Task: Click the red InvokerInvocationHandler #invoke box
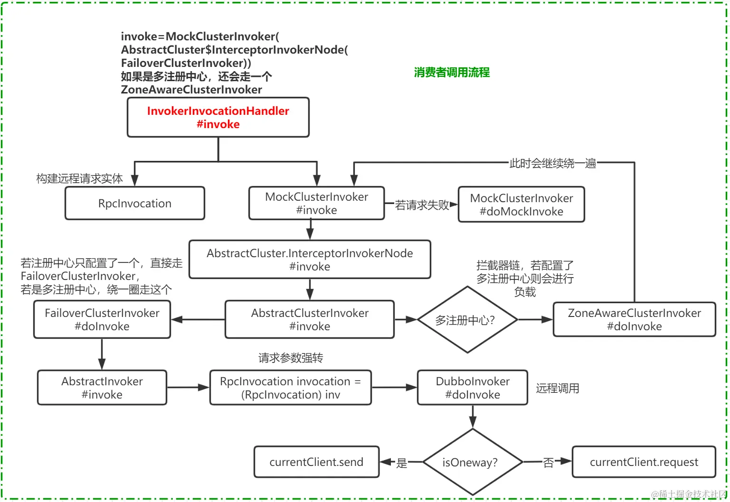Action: point(218,117)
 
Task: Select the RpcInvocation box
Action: point(135,204)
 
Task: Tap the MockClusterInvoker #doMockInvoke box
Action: point(521,205)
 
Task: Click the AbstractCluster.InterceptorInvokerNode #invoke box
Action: point(310,260)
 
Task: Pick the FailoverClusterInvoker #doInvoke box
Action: point(102,319)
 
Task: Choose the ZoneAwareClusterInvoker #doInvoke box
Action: point(634,319)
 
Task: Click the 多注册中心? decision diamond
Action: point(467,320)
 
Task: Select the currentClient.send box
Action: point(316,462)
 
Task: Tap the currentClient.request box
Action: point(644,462)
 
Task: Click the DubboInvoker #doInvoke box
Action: point(473,388)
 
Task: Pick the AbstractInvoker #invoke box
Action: point(102,388)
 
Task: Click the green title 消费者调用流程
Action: point(452,72)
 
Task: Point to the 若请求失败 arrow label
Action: point(422,205)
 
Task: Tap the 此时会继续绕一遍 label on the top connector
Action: point(552,163)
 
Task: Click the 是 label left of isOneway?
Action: point(402,463)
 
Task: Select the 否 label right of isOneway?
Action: point(548,463)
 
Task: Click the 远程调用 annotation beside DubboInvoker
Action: point(558,388)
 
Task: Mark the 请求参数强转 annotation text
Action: point(291,358)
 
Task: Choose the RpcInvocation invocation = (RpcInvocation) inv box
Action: point(291,388)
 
